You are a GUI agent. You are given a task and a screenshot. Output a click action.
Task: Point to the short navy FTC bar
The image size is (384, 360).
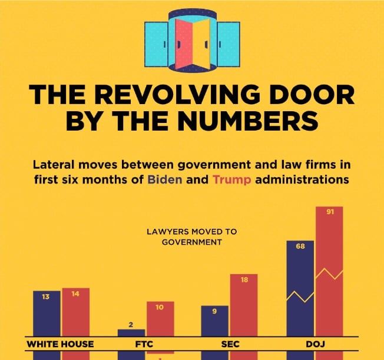pyautogui.click(x=131, y=333)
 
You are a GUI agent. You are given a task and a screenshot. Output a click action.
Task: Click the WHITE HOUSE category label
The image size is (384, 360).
pyautogui.click(x=61, y=344)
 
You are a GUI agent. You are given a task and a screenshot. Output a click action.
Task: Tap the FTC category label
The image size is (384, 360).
pyautogui.click(x=145, y=344)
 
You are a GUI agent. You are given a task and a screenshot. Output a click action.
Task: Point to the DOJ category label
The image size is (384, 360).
pyautogui.click(x=315, y=344)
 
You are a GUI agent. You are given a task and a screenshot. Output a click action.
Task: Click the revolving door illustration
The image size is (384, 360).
pyautogui.click(x=192, y=40)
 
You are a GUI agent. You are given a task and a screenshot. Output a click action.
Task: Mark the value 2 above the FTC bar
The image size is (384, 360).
pyautogui.click(x=131, y=325)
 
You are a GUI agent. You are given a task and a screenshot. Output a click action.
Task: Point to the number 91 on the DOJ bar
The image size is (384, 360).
pyautogui.click(x=330, y=212)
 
